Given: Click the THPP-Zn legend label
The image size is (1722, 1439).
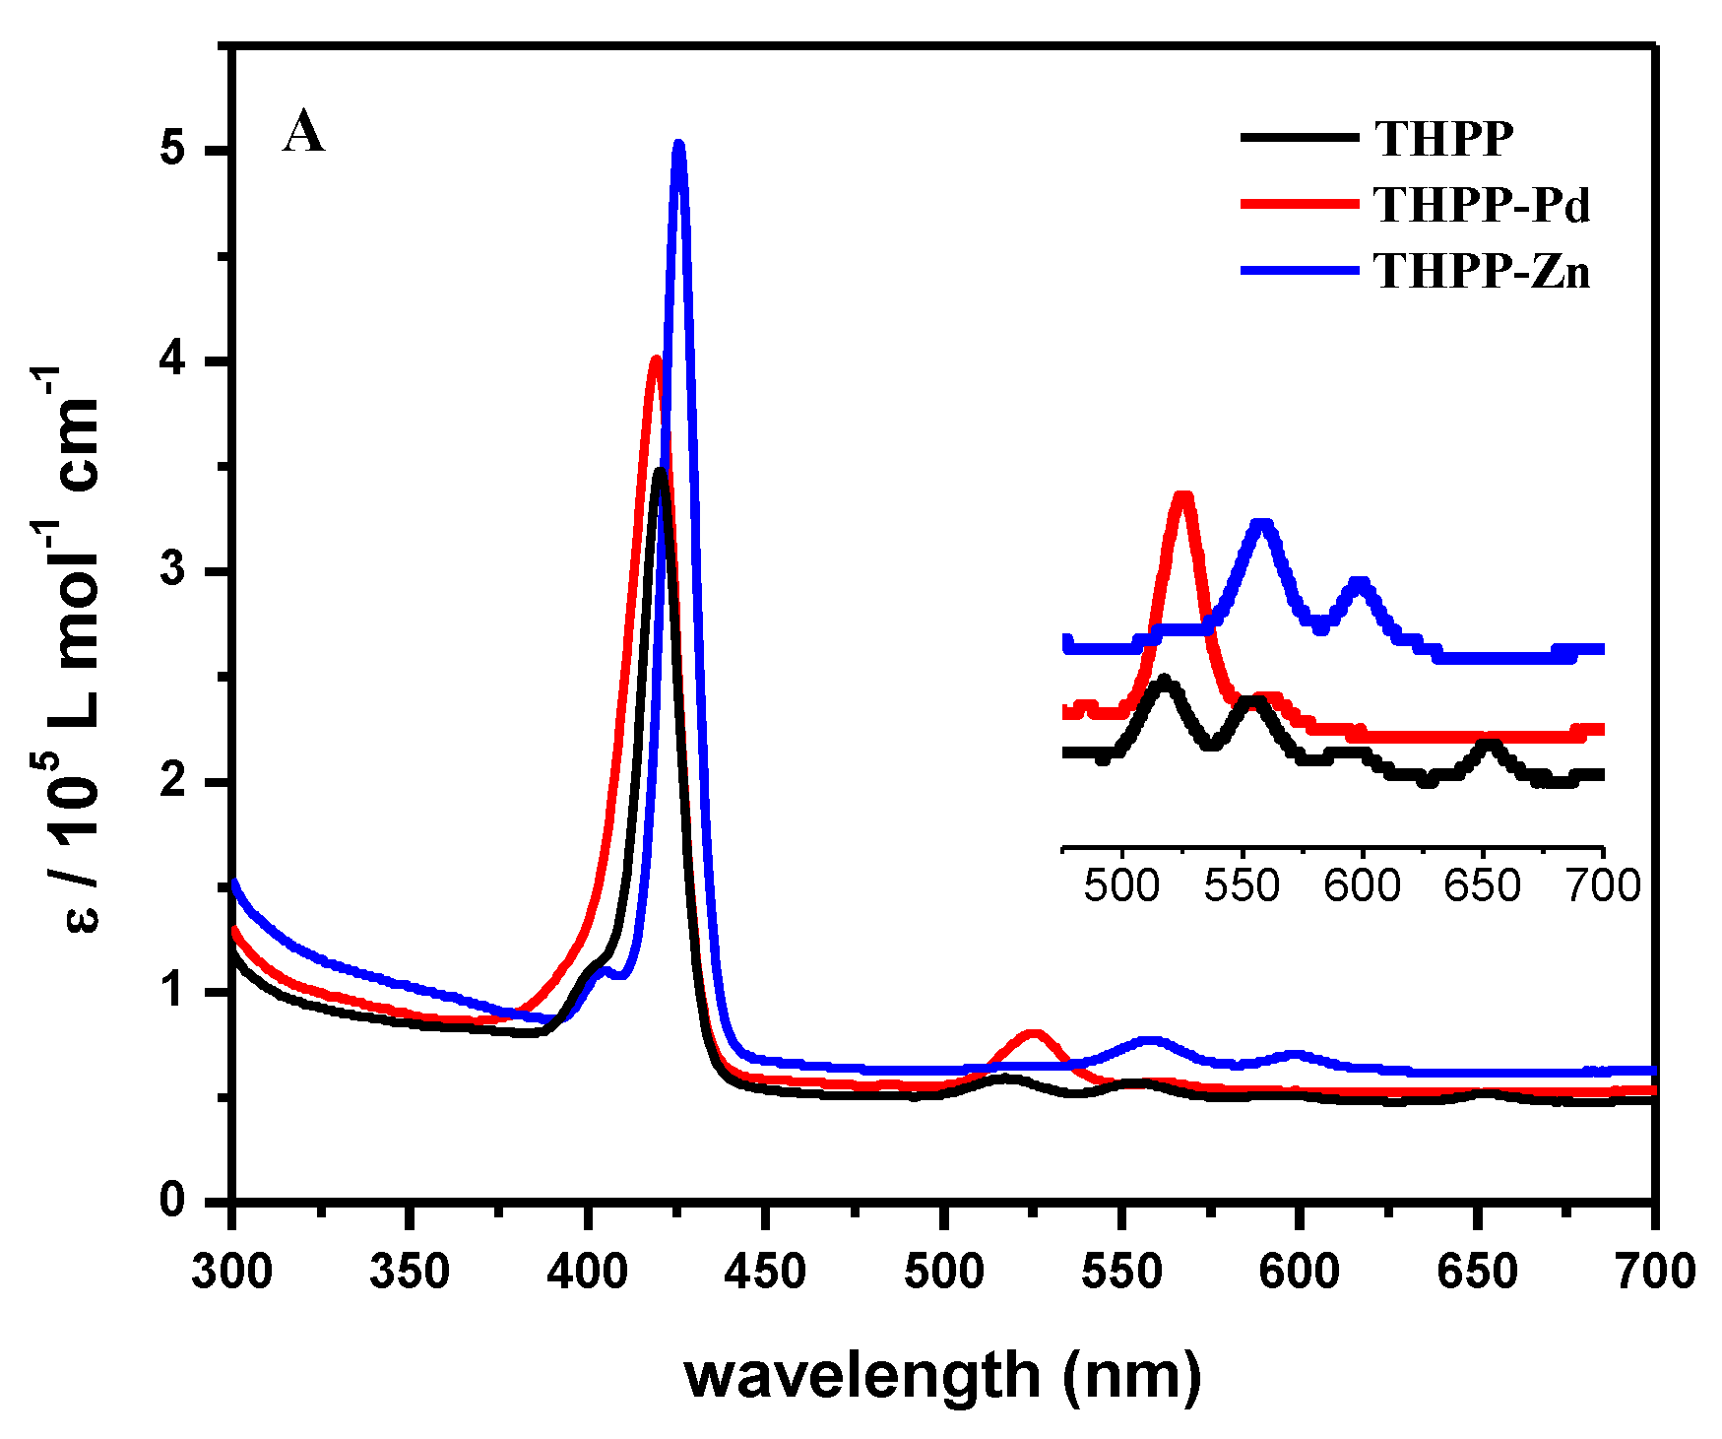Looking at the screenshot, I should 1482,271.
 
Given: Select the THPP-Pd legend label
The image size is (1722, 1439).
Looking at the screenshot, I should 1482,206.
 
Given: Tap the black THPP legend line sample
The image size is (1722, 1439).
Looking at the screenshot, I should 1299,138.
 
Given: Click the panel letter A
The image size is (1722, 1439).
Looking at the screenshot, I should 303,132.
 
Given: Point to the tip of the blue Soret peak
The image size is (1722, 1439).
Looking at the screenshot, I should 678,146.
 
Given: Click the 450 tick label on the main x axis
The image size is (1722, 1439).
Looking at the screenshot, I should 765,1272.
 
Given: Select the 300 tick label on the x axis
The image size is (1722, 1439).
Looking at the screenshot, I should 231,1272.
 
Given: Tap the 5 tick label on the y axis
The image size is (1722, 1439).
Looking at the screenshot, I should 173,151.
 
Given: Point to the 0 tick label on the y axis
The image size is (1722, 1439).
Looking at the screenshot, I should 173,1201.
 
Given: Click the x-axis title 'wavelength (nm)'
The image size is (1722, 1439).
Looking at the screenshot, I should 942,1374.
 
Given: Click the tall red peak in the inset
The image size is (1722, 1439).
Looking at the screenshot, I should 1184,497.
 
